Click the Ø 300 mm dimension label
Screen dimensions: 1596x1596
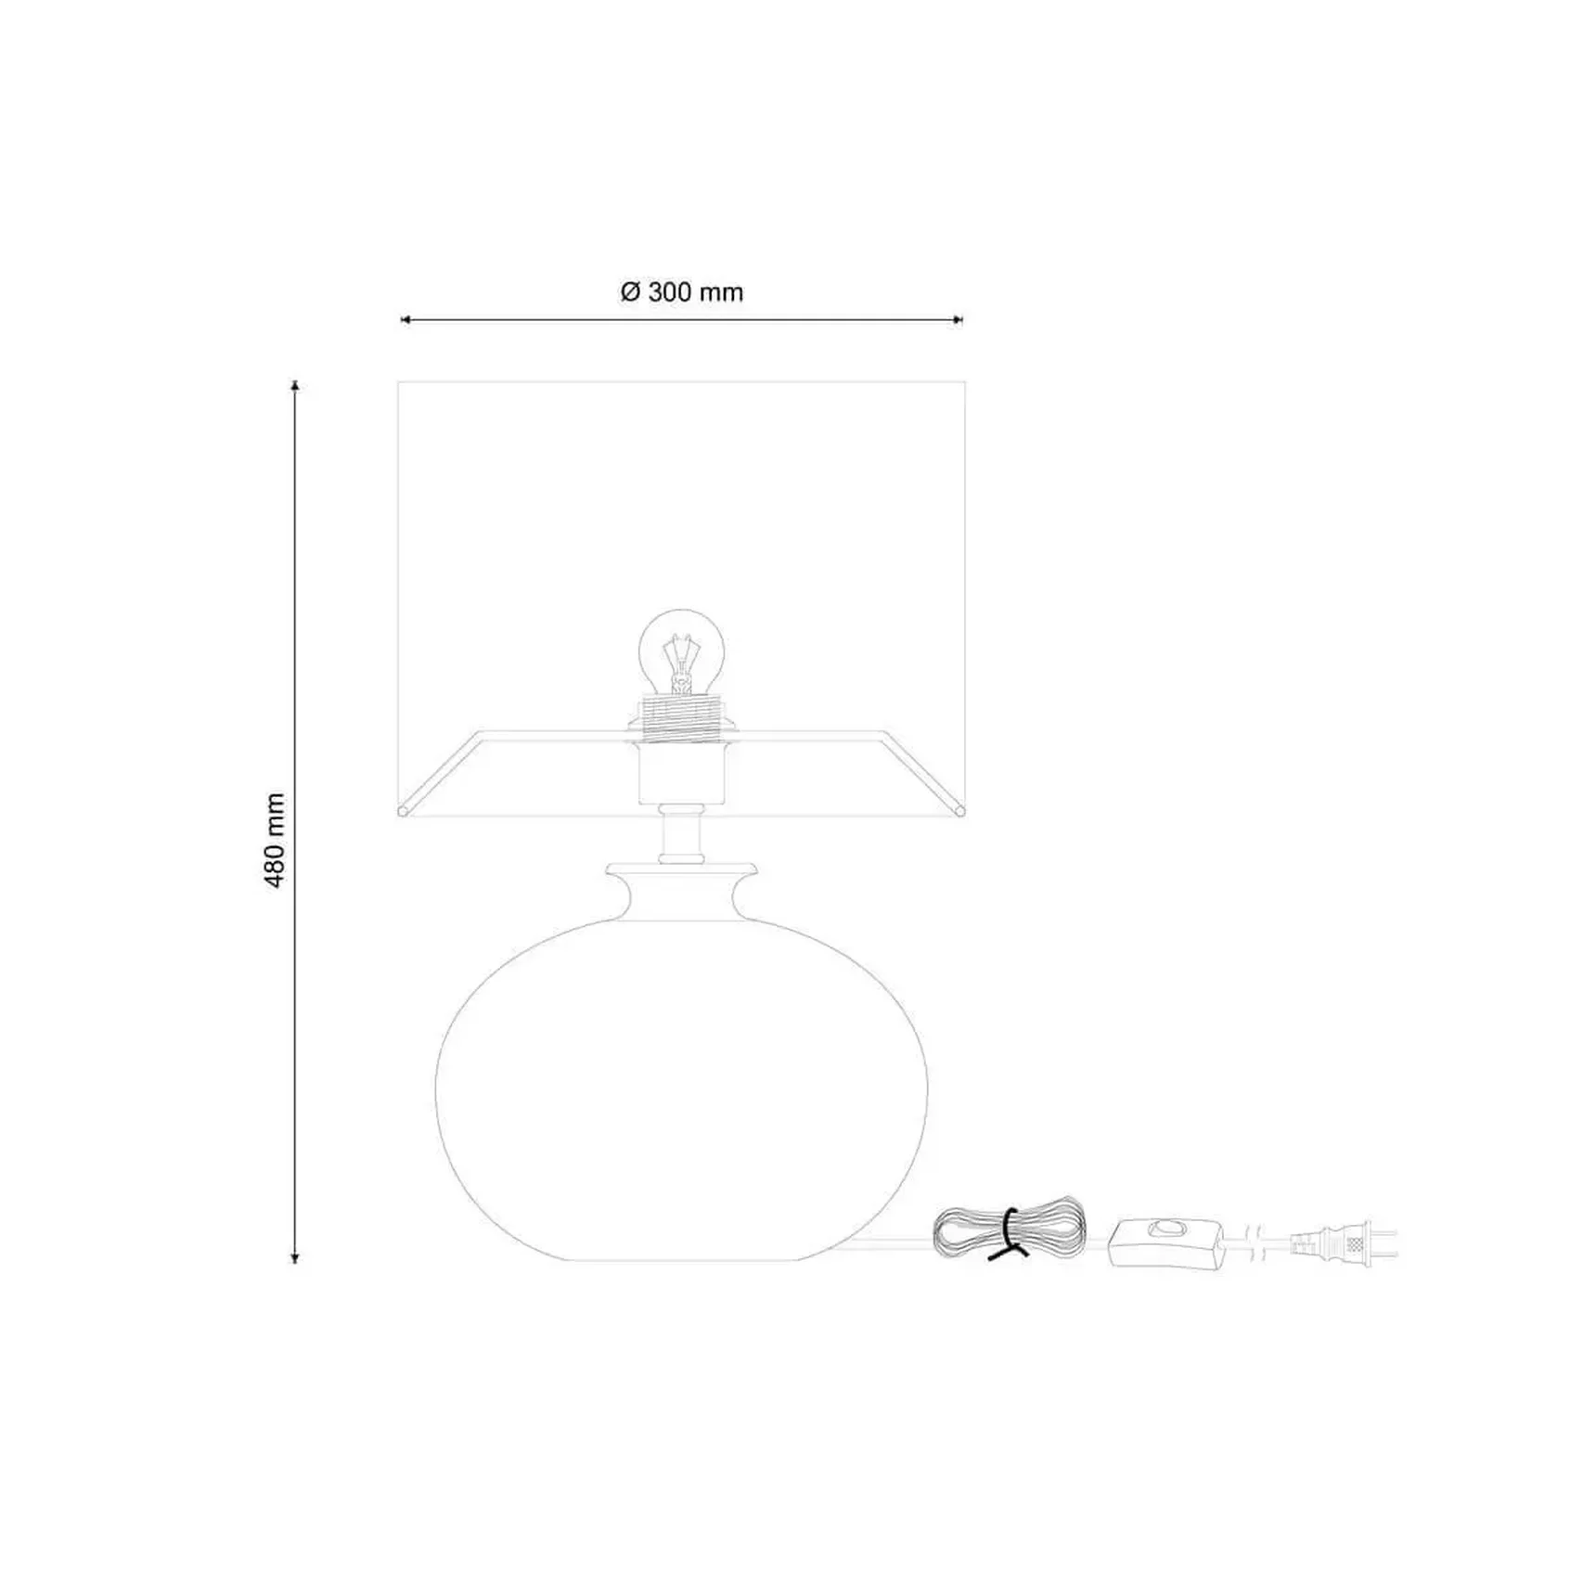coord(682,292)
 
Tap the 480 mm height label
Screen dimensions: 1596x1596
coord(275,840)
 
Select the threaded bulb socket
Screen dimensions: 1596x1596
coord(682,718)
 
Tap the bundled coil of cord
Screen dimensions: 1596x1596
coord(1009,1229)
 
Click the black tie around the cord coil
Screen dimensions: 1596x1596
coord(1010,1233)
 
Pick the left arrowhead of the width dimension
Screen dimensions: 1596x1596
coord(405,320)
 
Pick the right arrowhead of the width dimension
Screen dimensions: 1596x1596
coord(959,320)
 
